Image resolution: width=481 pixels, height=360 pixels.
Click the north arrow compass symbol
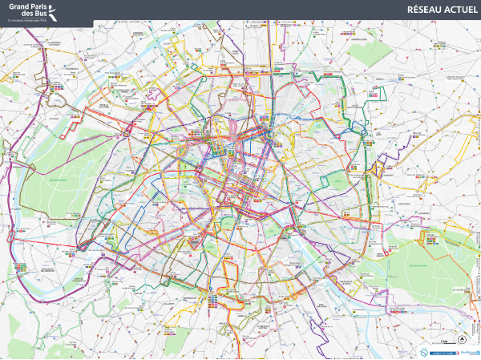(x=439, y=338)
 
